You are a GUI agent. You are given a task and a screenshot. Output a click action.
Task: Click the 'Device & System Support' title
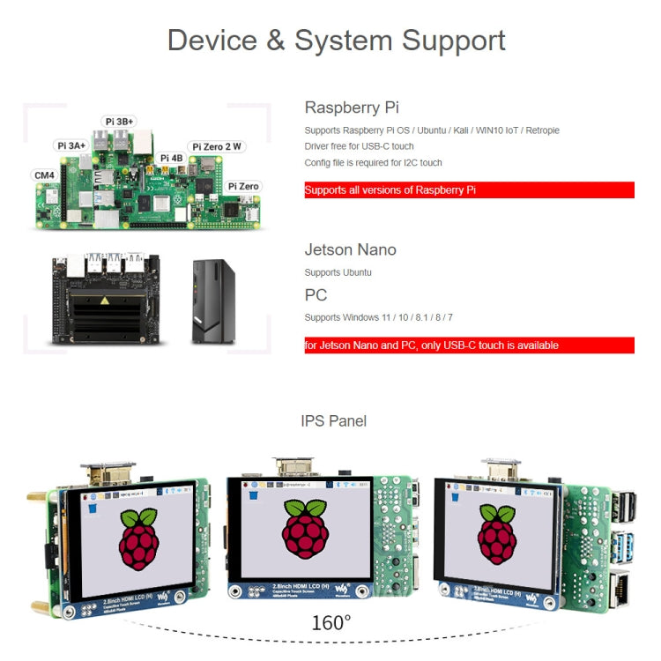[336, 41]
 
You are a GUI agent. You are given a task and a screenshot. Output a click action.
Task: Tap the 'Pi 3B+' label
[120, 122]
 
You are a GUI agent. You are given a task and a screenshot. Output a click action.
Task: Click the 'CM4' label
[44, 175]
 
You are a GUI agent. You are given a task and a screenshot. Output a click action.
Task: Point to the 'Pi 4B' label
[170, 159]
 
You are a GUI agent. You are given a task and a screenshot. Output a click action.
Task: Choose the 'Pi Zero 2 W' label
[216, 146]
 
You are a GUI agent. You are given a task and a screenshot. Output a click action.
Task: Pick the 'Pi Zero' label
[243, 187]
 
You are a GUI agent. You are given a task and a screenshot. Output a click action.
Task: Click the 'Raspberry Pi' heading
[352, 108]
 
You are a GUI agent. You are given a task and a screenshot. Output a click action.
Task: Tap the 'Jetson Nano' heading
[350, 249]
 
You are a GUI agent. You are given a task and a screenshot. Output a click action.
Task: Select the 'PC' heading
[316, 294]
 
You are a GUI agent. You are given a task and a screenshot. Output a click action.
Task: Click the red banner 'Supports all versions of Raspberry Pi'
[469, 189]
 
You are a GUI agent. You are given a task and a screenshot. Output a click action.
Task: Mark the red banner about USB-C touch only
[469, 345]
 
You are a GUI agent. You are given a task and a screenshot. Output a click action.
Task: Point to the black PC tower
[213, 301]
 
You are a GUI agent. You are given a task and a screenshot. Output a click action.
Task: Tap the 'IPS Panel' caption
[333, 421]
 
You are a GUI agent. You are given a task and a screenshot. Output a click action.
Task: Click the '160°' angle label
[330, 623]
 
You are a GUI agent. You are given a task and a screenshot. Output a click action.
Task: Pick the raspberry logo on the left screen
[139, 537]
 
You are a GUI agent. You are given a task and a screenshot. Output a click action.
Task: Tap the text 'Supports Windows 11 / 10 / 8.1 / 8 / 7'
[379, 317]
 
